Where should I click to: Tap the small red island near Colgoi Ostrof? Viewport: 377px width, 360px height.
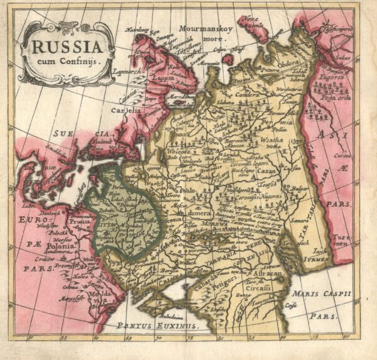click(227, 59)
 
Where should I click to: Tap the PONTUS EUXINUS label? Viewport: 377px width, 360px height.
click(157, 325)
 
